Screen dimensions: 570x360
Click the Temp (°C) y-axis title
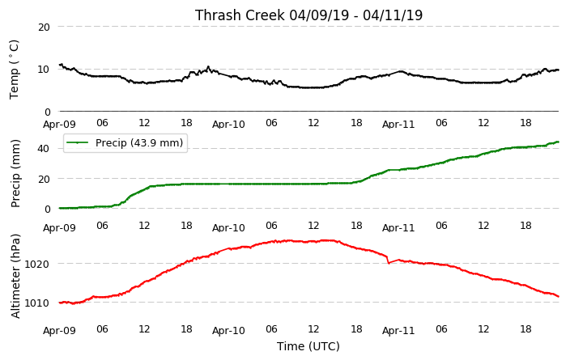[x=14, y=70]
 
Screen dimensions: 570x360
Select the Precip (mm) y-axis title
[x=15, y=174]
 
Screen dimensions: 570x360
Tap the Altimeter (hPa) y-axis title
[x=15, y=277]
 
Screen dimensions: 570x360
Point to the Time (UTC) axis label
[x=308, y=346]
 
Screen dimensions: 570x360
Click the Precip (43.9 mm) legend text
[x=139, y=142]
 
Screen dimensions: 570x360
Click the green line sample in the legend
[x=78, y=142]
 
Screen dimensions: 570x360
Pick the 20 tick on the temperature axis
[x=44, y=27]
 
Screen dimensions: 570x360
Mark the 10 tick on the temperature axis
[x=44, y=69]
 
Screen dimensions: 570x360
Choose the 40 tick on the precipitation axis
[x=44, y=148]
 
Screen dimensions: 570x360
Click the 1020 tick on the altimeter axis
[x=36, y=264]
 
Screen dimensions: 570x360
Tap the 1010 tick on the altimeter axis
[x=36, y=303]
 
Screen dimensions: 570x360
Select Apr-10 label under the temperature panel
[x=228, y=125]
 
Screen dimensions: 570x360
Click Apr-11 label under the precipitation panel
[x=398, y=228]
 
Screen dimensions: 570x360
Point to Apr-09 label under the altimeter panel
[x=59, y=331]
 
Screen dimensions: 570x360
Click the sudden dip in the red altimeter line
[x=389, y=263]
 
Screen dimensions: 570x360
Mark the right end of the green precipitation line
[x=558, y=142]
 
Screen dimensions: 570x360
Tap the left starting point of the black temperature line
[x=60, y=65]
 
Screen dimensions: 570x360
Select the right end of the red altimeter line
[x=559, y=296]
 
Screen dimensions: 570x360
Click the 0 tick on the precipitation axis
[x=47, y=209]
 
